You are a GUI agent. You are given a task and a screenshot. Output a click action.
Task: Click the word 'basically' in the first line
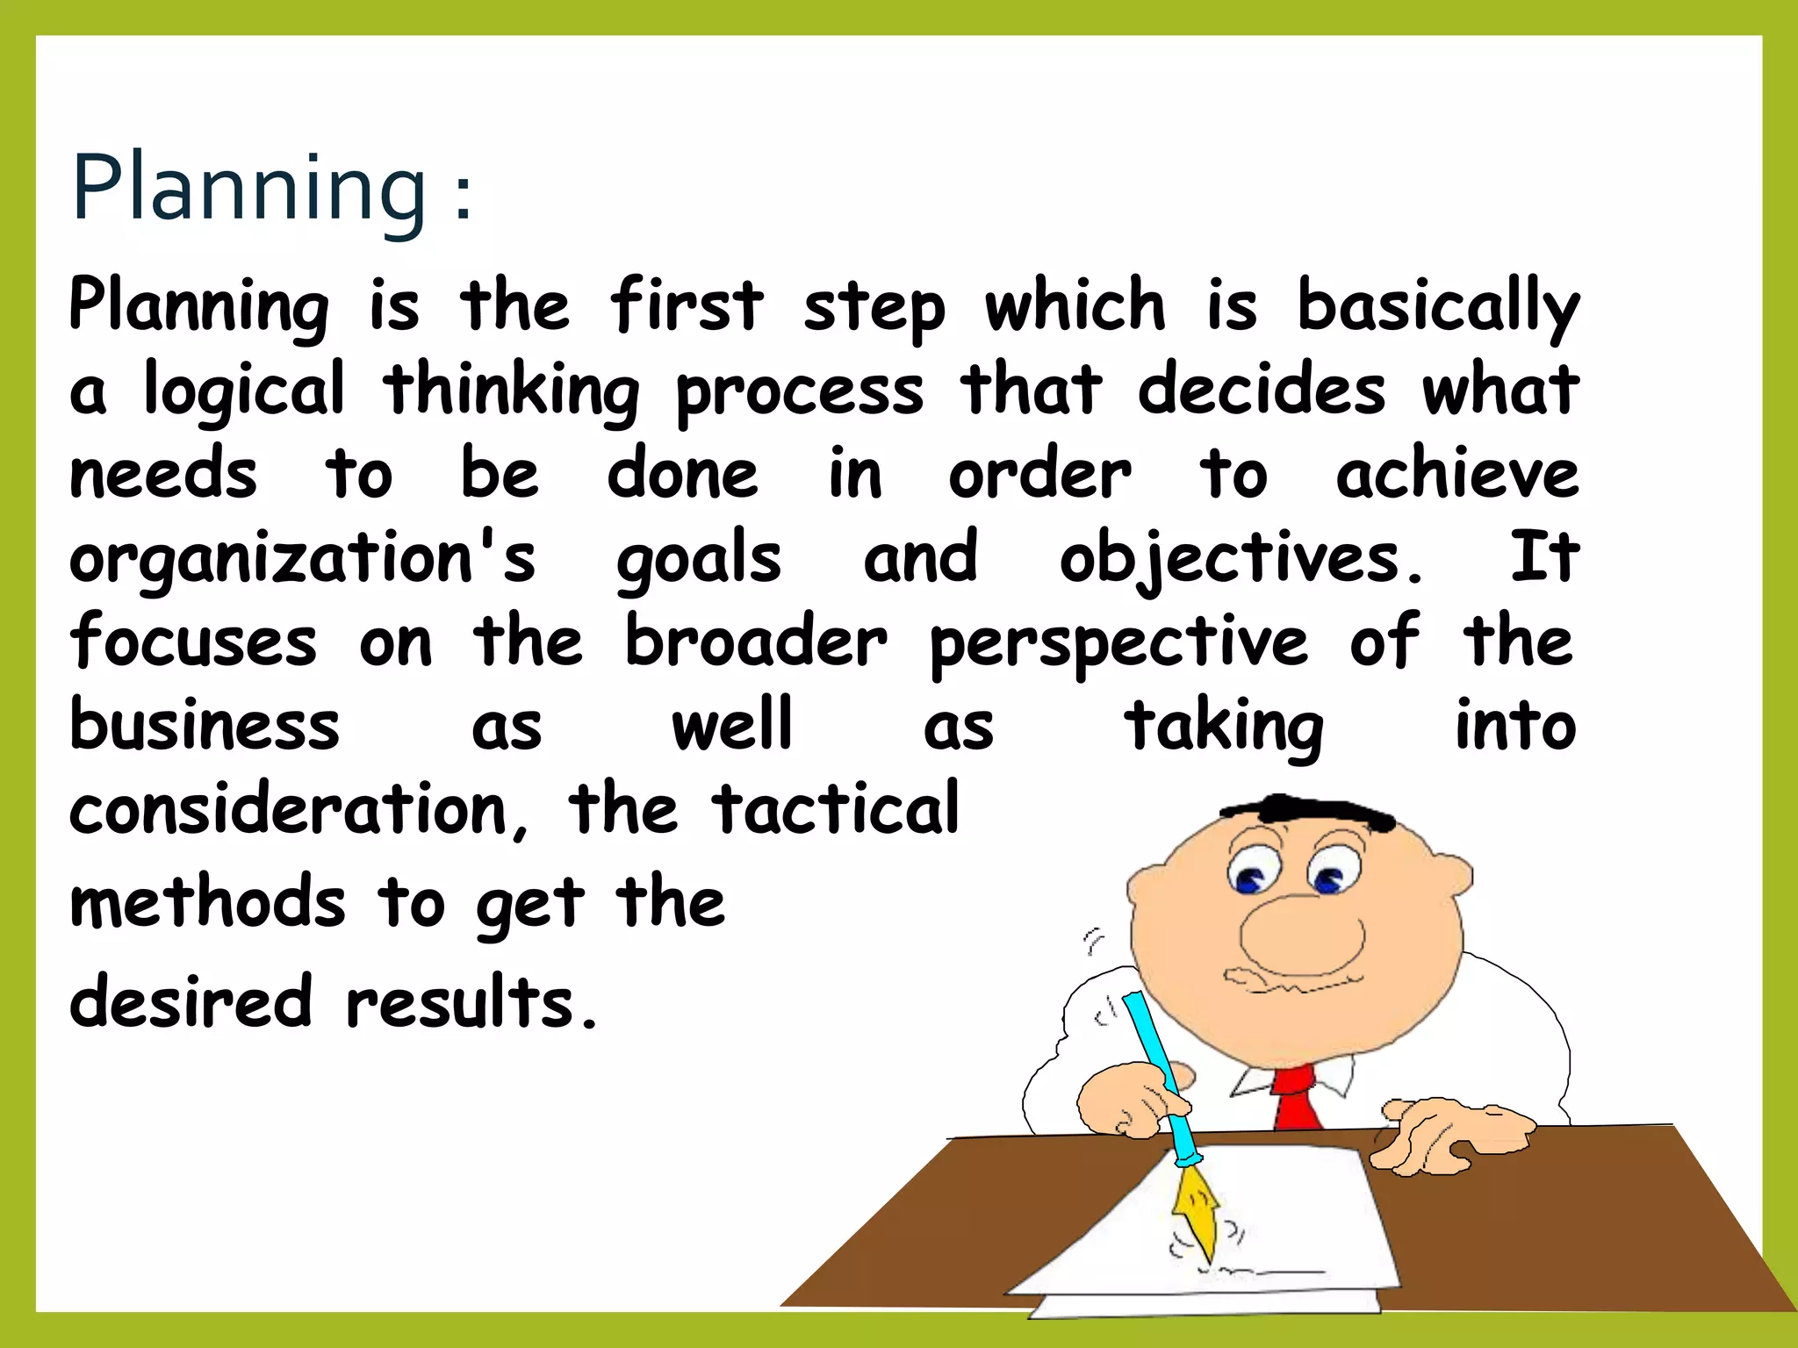pyautogui.click(x=1438, y=307)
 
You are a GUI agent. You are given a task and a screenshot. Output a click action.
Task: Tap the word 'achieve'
pyautogui.click(x=1457, y=476)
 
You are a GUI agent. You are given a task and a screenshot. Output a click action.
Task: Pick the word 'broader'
pyautogui.click(x=756, y=642)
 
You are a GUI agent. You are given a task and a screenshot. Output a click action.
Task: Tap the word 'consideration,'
pyautogui.click(x=299, y=810)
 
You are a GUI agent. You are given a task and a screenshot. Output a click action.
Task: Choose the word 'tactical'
pyautogui.click(x=836, y=810)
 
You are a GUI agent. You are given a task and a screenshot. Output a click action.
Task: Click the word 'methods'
pyautogui.click(x=208, y=903)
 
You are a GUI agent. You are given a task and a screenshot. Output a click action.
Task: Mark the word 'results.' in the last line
pyautogui.click(x=472, y=1003)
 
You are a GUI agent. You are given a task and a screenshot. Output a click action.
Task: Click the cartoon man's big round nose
pyautogui.click(x=1302, y=936)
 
